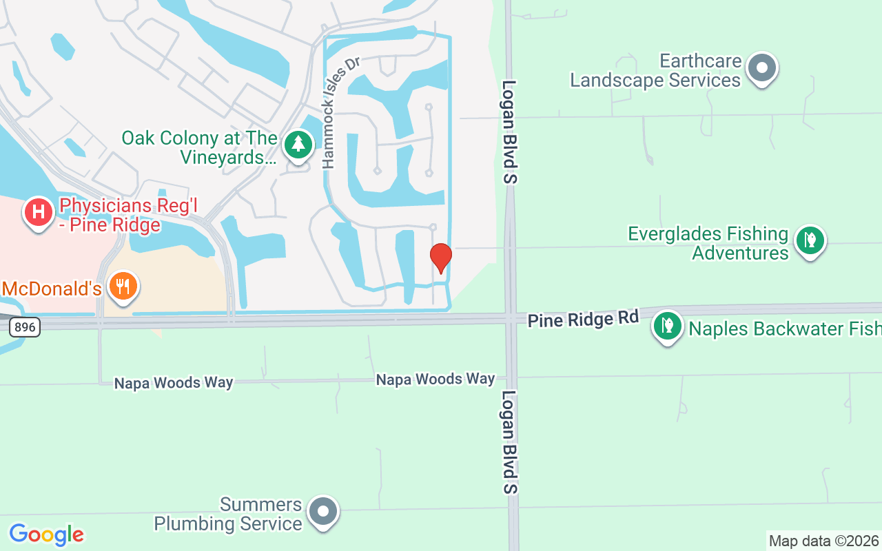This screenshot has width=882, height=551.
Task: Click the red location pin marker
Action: pyautogui.click(x=440, y=258)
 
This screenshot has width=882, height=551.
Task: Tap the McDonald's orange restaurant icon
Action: pyautogui.click(x=123, y=286)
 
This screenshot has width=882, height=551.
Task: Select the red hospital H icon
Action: pyautogui.click(x=39, y=212)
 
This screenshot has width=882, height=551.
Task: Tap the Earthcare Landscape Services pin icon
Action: pyautogui.click(x=762, y=68)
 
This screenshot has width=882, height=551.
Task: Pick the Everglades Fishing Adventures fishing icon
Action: pyautogui.click(x=810, y=241)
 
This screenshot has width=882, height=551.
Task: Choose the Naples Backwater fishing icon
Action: pyautogui.click(x=667, y=326)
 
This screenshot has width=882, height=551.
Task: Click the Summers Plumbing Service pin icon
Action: pyautogui.click(x=322, y=512)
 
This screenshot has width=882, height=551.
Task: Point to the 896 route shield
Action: pyautogui.click(x=25, y=327)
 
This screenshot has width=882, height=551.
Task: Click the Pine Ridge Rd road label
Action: pyautogui.click(x=583, y=319)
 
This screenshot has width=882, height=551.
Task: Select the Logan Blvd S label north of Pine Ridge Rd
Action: pyautogui.click(x=509, y=132)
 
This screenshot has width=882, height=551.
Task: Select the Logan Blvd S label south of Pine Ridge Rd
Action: pyautogui.click(x=509, y=442)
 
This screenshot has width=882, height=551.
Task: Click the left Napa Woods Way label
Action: pyautogui.click(x=174, y=382)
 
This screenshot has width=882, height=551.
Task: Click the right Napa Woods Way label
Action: pyautogui.click(x=435, y=379)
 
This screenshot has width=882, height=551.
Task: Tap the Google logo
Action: pyautogui.click(x=46, y=534)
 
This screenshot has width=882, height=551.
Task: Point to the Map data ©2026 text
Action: pyautogui.click(x=823, y=541)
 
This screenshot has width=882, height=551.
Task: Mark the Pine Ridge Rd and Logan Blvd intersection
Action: pyautogui.click(x=511, y=318)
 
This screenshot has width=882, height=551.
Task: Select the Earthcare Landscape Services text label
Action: pyautogui.click(x=655, y=71)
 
